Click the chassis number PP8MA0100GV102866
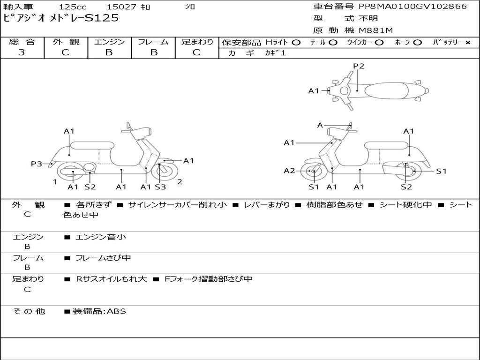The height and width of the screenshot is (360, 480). click(412, 7)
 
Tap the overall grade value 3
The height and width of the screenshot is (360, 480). click(22, 52)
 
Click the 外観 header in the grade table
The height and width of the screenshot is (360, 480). click(66, 42)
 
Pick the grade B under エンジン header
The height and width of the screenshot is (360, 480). click(109, 52)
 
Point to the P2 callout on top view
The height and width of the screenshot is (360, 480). click(359, 66)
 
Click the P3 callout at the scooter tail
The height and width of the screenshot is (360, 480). click(37, 164)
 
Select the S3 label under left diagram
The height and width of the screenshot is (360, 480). click(160, 187)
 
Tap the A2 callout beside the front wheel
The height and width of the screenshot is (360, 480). click(289, 171)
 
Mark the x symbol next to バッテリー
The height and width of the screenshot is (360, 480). click(468, 43)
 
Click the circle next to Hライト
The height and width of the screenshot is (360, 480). click(296, 43)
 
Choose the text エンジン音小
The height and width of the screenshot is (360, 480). click(100, 237)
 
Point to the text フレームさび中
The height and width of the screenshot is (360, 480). click(103, 258)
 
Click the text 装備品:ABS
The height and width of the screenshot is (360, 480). click(99, 311)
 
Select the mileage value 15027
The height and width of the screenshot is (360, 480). click(122, 7)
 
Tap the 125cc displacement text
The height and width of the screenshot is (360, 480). click(73, 7)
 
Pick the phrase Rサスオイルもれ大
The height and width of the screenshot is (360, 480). click(111, 279)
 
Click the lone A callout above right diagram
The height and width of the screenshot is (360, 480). click(320, 125)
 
